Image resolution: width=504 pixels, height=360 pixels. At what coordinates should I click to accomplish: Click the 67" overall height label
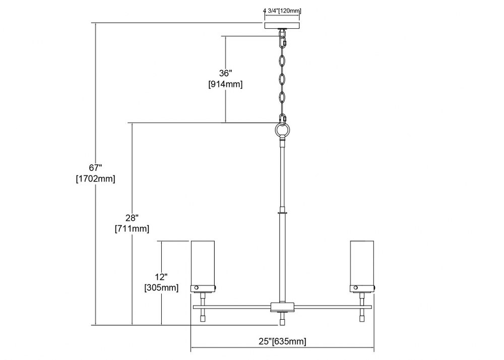tap(95, 168)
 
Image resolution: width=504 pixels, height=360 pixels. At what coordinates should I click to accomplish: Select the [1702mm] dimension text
tap(95, 178)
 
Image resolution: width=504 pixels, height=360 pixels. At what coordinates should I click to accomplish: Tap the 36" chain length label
tap(225, 73)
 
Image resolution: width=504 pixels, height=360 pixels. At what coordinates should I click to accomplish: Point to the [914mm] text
tap(225, 84)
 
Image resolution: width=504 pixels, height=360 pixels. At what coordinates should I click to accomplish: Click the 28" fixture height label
tap(132, 218)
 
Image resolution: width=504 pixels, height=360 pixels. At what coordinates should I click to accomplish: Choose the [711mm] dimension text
tap(132, 229)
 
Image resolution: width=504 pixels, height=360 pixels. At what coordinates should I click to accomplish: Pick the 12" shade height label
tap(161, 277)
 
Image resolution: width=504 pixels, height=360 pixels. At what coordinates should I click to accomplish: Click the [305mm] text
tap(161, 287)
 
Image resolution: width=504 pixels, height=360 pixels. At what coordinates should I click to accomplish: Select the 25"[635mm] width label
tap(283, 341)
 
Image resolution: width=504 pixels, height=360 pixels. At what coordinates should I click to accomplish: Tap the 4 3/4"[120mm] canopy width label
tap(282, 11)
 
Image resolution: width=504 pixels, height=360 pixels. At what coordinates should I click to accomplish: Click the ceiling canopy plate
tap(282, 26)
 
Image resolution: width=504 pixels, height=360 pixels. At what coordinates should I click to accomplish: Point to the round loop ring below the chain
tap(283, 130)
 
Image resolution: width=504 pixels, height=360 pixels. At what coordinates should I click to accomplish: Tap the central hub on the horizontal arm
tap(282, 307)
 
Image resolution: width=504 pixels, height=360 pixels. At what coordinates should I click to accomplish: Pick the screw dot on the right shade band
tap(356, 288)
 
